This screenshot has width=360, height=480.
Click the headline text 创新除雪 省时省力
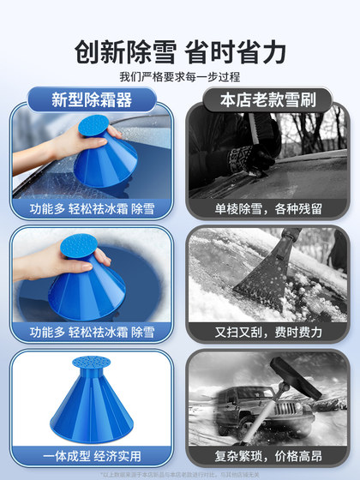click(x=180, y=52)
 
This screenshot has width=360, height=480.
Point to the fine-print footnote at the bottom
click(x=180, y=472)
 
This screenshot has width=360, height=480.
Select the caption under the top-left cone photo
click(x=93, y=208)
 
